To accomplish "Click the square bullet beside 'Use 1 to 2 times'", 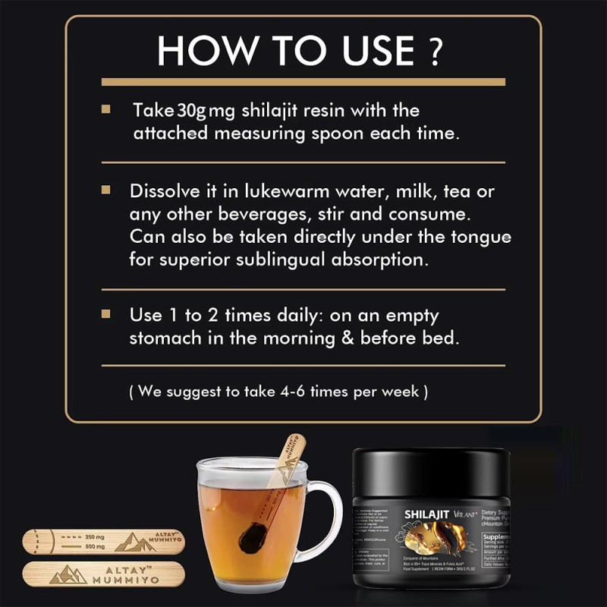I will [x=106, y=313].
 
